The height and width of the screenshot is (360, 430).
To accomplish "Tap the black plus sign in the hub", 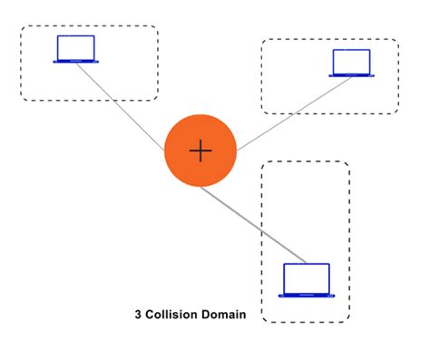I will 200,151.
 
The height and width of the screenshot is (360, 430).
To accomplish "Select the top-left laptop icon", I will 75,49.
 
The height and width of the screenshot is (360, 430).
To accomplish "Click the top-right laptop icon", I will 352,63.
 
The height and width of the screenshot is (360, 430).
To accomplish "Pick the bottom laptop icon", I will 306,279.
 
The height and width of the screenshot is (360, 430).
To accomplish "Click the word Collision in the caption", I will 175,316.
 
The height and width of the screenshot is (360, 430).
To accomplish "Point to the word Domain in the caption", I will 224,316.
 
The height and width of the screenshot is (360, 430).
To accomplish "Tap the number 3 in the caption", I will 138,316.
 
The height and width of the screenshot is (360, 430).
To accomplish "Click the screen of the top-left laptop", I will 75,46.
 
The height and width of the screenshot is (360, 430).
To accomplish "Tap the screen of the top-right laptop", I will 352,60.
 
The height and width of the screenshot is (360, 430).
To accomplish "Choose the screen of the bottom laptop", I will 306,276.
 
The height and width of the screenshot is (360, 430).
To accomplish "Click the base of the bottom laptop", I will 306,294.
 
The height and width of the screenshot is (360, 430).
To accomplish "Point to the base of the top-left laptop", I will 75,61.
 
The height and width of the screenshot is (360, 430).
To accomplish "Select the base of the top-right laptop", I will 352,74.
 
